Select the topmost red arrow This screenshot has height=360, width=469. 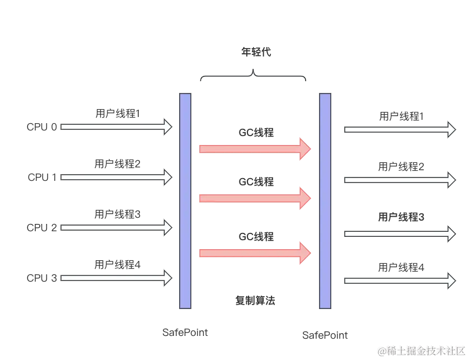click(255, 148)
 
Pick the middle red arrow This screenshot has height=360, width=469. click(255, 198)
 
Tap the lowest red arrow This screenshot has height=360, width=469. click(255, 253)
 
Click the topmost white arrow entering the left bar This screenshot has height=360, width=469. click(115, 127)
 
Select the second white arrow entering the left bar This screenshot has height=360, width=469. click(115, 177)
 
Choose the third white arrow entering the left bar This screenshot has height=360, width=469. click(115, 228)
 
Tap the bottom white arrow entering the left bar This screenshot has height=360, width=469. click(115, 278)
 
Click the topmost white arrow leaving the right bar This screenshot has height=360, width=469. click(400, 129)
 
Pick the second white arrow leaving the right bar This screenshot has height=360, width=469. click(400, 180)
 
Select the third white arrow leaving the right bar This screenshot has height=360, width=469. click(400, 233)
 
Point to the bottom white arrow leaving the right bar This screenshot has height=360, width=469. click(400, 280)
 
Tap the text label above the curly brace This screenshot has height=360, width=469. click(256, 53)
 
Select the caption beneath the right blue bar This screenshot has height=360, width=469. click(324, 335)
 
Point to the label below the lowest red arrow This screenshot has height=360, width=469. click(255, 302)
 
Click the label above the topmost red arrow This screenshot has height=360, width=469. click(256, 133)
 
